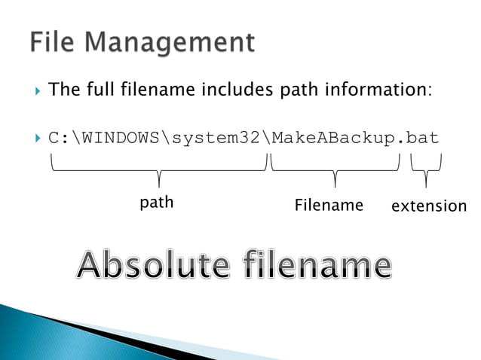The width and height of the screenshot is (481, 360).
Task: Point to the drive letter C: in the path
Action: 59,139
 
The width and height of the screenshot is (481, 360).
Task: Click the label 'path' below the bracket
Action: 157,202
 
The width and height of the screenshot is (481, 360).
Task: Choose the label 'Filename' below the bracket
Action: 329,205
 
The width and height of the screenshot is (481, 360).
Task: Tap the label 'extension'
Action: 429,206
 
